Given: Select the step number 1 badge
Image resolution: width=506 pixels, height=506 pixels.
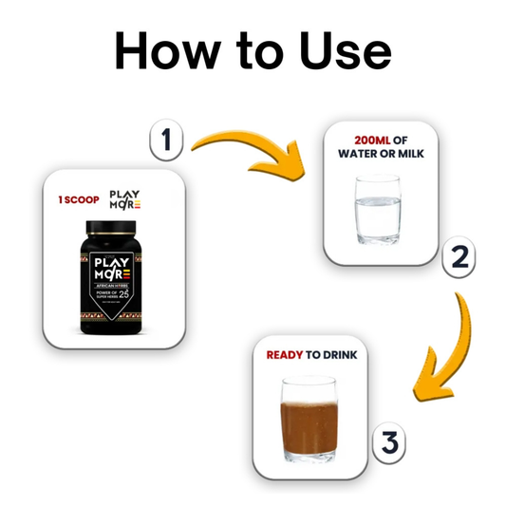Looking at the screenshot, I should click(x=167, y=142).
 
